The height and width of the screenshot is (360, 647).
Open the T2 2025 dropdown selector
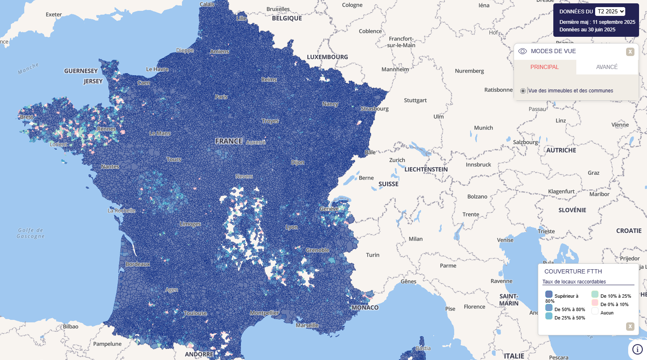[610, 12]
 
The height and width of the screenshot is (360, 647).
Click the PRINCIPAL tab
[545, 67]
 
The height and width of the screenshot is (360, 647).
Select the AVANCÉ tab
[606, 67]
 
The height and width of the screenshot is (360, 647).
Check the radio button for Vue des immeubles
[523, 91]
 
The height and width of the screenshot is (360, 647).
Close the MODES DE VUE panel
[630, 52]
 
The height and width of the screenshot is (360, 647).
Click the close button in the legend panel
[630, 327]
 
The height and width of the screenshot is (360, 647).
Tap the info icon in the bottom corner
[637, 349]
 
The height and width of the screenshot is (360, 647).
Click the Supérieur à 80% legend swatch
[549, 294]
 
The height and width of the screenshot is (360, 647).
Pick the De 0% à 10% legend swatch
[595, 303]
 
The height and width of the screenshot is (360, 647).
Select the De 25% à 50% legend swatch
[549, 316]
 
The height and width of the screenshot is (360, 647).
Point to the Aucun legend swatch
[595, 311]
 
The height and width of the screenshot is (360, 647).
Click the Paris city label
[221, 97]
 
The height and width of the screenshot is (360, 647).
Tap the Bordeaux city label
[138, 264]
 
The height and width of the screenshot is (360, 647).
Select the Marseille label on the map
[307, 325]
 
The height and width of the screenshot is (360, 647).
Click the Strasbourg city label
[375, 109]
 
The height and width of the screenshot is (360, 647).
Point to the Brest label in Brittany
[26, 117]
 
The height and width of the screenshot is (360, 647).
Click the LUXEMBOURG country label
[327, 57]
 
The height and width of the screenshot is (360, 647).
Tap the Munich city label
[483, 128]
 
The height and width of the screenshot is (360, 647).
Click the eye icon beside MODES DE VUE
[522, 51]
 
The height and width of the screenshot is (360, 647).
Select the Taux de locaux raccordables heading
[574, 282]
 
